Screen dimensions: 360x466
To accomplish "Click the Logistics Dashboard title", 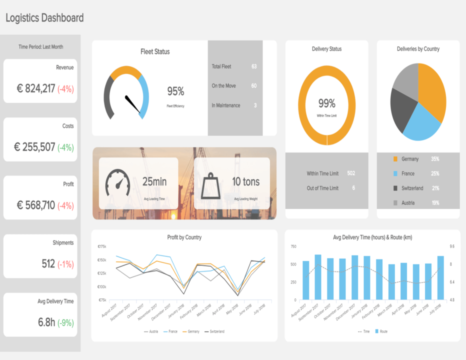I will coord(44,18).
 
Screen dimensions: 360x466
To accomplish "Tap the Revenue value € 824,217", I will coord(35,89).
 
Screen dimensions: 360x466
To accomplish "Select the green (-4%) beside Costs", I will coord(65,147).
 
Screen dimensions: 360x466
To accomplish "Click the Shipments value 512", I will coord(48,264).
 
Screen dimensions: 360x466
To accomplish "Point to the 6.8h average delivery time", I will coord(46,322).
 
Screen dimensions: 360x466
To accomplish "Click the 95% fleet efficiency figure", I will coord(175,91).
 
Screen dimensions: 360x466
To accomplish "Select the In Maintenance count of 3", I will coord(255,105).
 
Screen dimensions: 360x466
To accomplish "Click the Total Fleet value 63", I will coord(254,66).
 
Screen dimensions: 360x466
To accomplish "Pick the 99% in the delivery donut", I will coord(326,103).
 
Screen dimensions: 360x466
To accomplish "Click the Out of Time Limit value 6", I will coord(353,188).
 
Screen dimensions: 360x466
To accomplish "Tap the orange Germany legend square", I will coord(395,159).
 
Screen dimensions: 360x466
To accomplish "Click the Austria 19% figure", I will coord(435,203).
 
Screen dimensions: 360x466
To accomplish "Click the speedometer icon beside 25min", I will coord(117,182).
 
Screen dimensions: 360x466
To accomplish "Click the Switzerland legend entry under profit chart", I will coord(215,331).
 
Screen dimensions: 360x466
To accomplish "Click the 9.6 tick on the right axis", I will coord(452,246).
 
